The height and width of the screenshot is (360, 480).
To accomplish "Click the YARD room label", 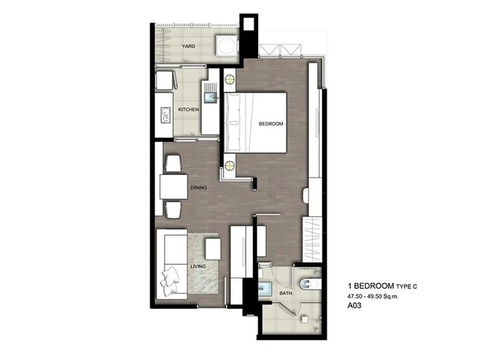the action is click(x=188, y=46).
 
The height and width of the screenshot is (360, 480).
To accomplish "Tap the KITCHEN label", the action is click(x=189, y=109).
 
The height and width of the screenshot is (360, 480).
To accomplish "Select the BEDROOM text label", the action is click(x=271, y=124).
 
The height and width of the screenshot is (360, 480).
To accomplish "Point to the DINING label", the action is click(x=199, y=188).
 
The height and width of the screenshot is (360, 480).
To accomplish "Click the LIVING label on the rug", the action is click(x=198, y=266).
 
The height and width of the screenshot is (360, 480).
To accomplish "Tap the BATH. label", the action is click(x=286, y=293).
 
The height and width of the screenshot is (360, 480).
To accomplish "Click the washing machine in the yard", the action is click(x=227, y=45).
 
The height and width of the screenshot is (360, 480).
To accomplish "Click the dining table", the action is click(x=174, y=187).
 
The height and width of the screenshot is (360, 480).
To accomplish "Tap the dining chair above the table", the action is click(x=173, y=164).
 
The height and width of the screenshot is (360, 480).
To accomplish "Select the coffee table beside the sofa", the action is click(x=213, y=249).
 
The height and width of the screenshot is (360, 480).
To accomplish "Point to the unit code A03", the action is click(x=355, y=305).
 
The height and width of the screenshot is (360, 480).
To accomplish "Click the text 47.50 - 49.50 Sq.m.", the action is click(x=372, y=296).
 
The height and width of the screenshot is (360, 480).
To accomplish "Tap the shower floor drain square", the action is click(x=305, y=319).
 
